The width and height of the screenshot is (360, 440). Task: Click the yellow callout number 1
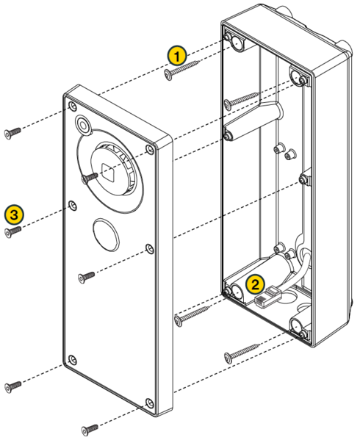pyautogui.click(x=176, y=55)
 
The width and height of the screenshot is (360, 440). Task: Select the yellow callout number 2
pyautogui.click(x=255, y=283)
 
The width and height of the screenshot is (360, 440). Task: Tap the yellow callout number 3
pyautogui.click(x=13, y=214)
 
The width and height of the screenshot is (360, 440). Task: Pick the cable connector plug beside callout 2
pyautogui.click(x=265, y=298)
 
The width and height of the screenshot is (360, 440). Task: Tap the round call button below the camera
pyautogui.click(x=104, y=233)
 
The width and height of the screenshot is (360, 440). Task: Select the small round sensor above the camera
pyautogui.click(x=82, y=124)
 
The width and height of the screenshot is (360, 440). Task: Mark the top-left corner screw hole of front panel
pyautogui.click(x=71, y=107)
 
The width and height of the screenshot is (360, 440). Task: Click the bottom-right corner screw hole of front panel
pyautogui.click(x=149, y=402)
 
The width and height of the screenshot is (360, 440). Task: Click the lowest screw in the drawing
pyautogui.click(x=89, y=427)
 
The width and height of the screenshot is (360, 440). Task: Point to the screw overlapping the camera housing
pyautogui.click(x=90, y=177)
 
